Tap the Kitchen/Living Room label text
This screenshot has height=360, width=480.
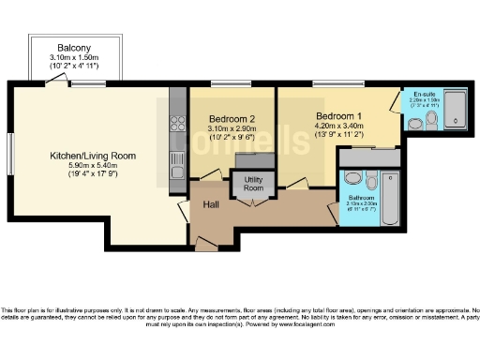[93, 155]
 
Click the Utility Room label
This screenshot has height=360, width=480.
[253, 183]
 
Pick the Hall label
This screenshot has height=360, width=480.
[211, 203]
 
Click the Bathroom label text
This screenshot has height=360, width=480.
[361, 199]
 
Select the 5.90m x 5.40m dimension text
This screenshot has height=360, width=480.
[93, 165]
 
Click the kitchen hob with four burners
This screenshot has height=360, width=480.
[177, 122]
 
